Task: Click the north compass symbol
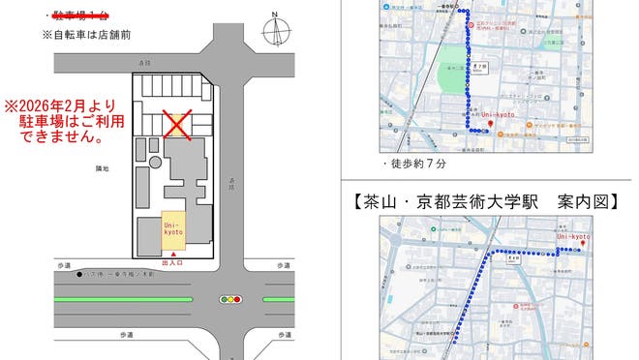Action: click(275, 33)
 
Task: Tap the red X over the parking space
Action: click(176, 123)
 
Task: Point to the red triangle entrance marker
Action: click(173, 255)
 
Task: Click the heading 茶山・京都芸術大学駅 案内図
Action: click(486, 203)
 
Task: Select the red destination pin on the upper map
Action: click(491, 123)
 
